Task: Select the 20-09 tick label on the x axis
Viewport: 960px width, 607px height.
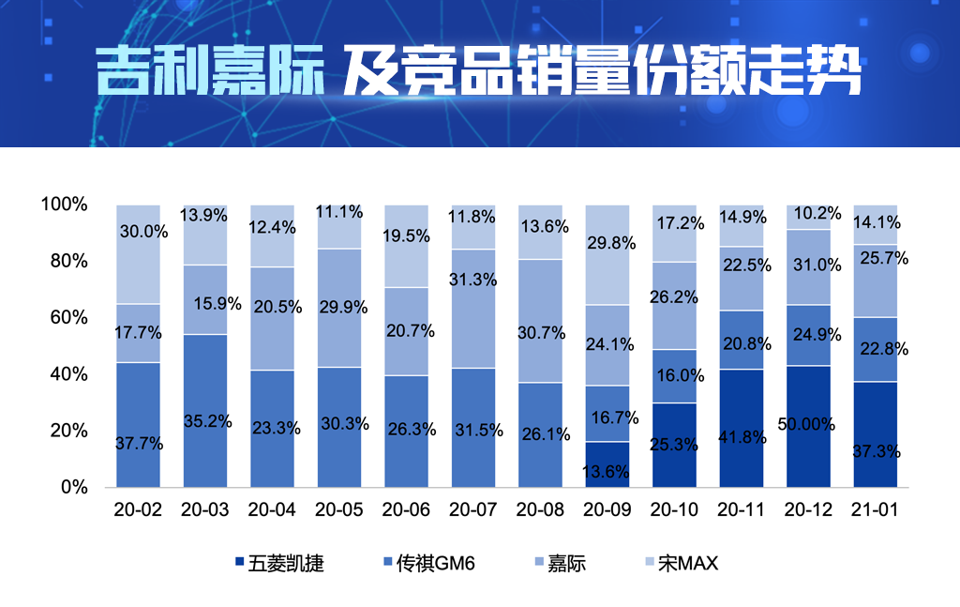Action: [607, 510]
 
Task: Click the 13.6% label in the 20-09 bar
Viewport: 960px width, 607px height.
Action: [606, 472]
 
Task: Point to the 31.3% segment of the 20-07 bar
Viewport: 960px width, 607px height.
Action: [473, 308]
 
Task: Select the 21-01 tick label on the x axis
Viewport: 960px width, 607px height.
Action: [876, 510]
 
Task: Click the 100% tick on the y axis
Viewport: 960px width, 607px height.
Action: [64, 205]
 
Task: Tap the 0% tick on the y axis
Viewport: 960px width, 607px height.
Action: [73, 488]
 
